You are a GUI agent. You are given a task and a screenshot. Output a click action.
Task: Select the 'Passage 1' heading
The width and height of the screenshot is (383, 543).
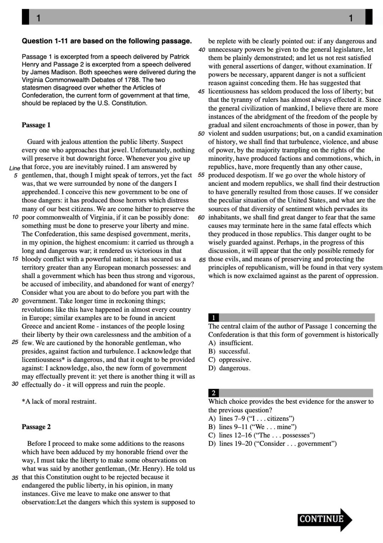pos(36,125)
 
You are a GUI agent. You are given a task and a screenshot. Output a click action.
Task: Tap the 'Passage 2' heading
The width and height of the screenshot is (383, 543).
pos(36,427)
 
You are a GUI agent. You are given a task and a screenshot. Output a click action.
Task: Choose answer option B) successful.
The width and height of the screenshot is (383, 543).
pos(229,351)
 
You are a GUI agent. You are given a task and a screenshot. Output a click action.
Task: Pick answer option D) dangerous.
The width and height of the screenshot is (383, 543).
pos(229,368)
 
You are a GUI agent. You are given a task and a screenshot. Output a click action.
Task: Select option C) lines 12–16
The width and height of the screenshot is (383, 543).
pos(262,435)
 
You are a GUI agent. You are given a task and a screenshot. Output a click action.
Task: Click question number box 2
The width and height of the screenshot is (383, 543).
pos(213,393)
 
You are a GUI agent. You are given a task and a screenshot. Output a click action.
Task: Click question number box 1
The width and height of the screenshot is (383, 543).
pos(213,317)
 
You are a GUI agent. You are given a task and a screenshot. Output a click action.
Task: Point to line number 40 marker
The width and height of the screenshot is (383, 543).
pos(201,50)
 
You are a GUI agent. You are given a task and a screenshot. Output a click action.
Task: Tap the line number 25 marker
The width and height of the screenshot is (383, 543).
pos(15,342)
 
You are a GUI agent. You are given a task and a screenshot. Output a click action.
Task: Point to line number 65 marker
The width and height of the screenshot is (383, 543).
pos(202,260)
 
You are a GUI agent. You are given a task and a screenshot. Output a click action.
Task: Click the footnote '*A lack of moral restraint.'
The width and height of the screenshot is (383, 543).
pos(59,402)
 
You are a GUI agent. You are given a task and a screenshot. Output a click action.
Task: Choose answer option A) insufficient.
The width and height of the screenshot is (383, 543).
pos(231,343)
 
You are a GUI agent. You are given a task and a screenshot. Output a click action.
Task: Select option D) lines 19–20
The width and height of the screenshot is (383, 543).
pos(272,444)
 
